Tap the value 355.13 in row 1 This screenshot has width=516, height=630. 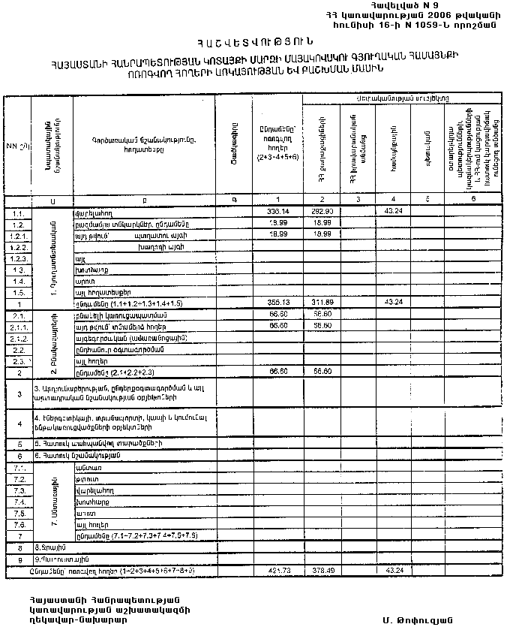pyautogui.click(x=277, y=301)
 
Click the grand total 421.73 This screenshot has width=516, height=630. pyautogui.click(x=277, y=571)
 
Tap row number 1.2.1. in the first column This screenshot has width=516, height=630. pyautogui.click(x=19, y=235)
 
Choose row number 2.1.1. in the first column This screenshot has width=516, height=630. pyautogui.click(x=19, y=327)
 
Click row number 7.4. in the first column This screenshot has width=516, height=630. pyautogui.click(x=19, y=501)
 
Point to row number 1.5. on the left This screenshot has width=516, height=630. pyautogui.click(x=19, y=291)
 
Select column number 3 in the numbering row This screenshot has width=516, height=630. pyautogui.click(x=358, y=199)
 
